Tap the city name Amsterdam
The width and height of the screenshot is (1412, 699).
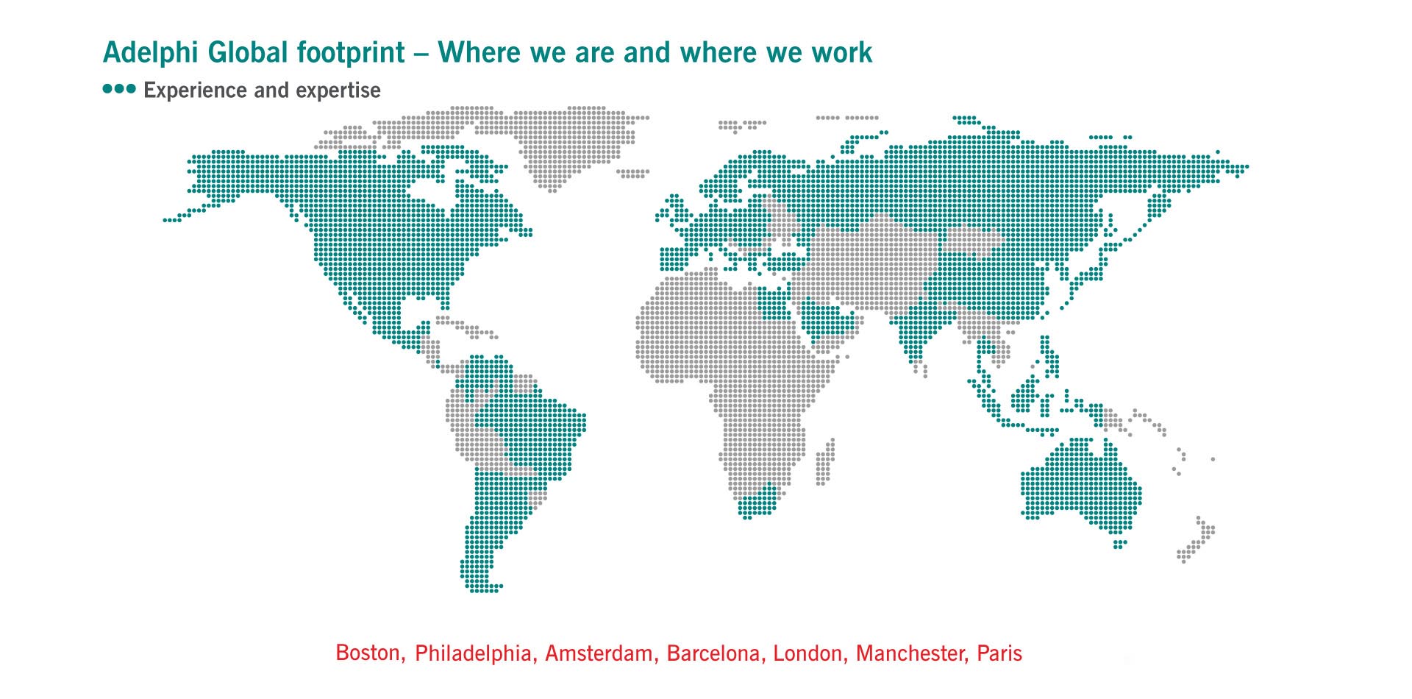click(599, 653)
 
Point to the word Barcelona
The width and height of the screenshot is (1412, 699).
click(713, 653)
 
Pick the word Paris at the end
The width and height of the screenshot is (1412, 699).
click(999, 653)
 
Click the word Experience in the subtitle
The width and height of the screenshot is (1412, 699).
click(195, 91)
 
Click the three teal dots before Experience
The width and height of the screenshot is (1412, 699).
click(119, 89)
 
